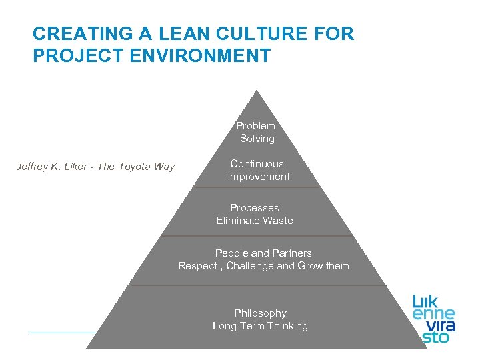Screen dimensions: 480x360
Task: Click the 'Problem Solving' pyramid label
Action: (x=257, y=132)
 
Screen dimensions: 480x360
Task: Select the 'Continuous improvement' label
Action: (x=258, y=170)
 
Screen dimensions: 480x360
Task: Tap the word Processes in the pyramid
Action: (x=255, y=208)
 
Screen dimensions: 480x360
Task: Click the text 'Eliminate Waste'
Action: (x=255, y=221)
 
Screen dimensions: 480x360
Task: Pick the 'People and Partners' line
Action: (x=263, y=253)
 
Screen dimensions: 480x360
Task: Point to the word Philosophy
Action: (x=260, y=313)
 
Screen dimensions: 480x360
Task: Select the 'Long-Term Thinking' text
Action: (x=260, y=326)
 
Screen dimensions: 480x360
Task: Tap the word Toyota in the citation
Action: (x=135, y=167)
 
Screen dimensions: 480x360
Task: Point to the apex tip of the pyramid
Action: (x=257, y=91)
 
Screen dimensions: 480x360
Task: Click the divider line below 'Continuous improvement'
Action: (x=257, y=188)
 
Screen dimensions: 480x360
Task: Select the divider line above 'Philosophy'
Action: (x=258, y=285)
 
